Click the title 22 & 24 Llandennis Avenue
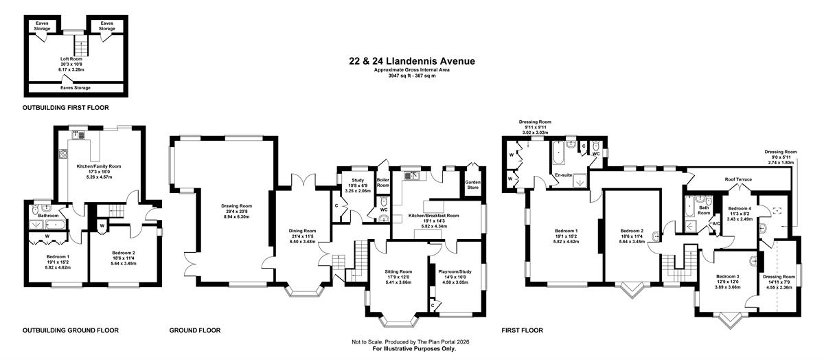tap(412, 61)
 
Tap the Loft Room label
tap(71, 59)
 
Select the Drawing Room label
tap(236, 206)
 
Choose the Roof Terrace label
tap(738, 179)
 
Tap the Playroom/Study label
tap(455, 271)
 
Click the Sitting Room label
tap(398, 271)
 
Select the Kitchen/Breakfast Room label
tap(434, 216)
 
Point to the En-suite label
tap(564, 175)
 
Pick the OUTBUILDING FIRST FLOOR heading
tap(66, 108)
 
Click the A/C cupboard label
tap(716, 224)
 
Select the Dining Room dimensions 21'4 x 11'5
tap(302, 236)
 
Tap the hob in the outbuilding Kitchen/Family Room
tap(62, 153)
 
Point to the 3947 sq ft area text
tap(412, 76)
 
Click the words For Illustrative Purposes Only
tap(414, 348)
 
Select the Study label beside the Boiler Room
tap(358, 181)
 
